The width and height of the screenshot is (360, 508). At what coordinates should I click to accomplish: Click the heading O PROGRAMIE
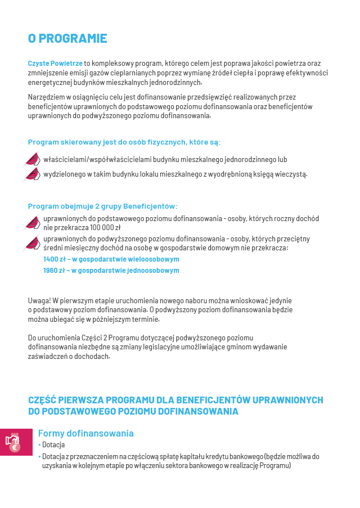click(67, 39)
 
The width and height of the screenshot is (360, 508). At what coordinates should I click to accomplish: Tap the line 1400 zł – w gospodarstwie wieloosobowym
click(111, 259)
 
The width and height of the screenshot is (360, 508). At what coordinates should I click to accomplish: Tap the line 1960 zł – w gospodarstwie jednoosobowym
click(111, 271)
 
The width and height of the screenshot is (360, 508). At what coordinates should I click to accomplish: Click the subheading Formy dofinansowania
click(85, 433)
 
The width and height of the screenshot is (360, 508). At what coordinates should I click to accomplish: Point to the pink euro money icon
click(13, 442)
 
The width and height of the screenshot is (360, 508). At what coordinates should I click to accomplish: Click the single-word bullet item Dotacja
click(53, 445)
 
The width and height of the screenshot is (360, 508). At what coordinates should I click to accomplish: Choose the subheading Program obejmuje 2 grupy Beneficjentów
click(103, 206)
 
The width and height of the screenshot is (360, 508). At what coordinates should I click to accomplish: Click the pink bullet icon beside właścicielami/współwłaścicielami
click(33, 160)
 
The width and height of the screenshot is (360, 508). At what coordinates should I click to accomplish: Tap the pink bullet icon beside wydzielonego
click(33, 174)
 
